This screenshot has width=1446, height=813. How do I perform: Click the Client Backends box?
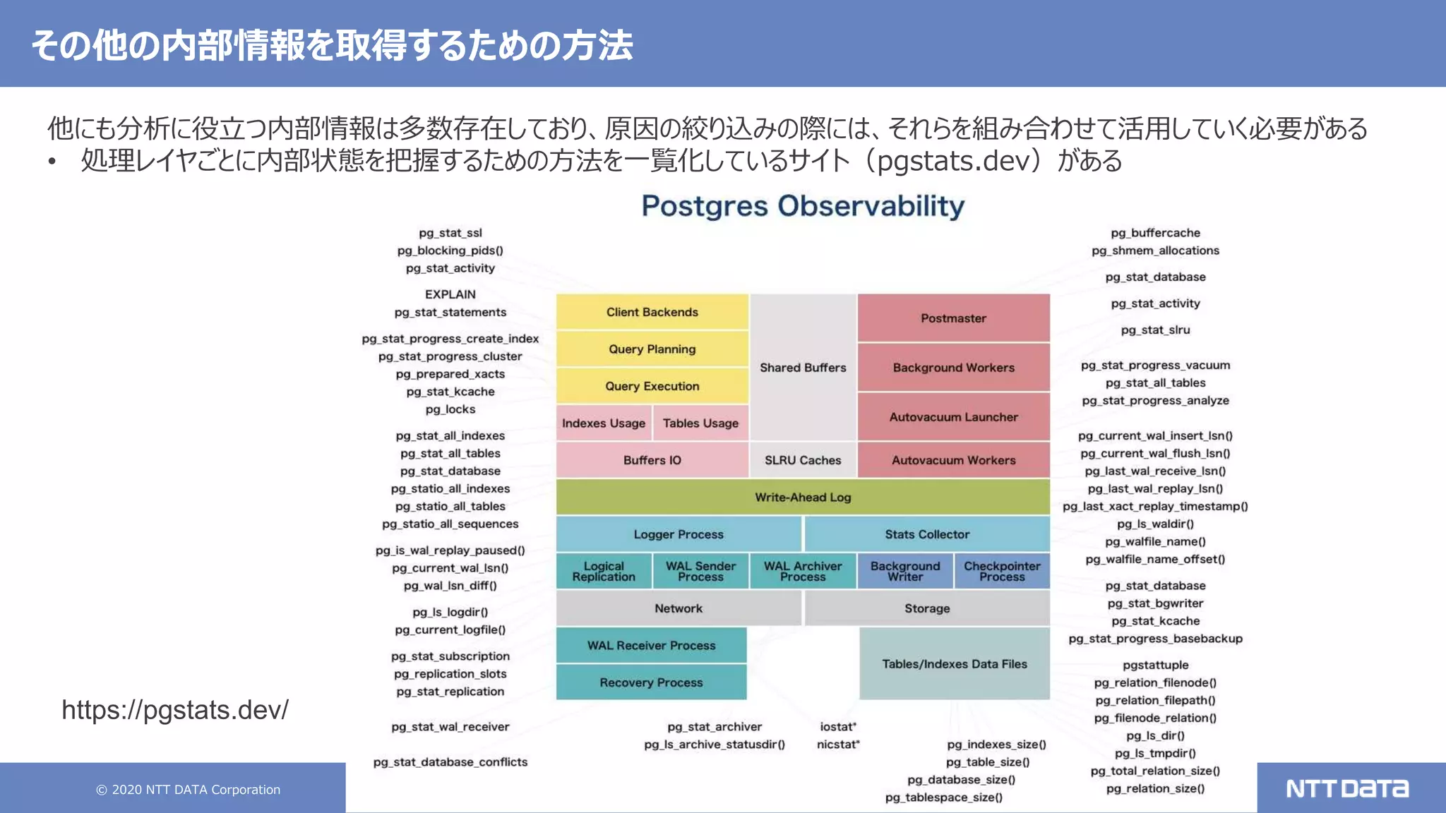(x=652, y=312)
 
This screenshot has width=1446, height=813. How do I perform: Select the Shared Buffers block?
(x=803, y=368)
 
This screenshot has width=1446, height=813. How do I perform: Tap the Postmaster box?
(x=953, y=318)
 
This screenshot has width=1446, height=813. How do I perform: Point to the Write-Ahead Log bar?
(x=803, y=497)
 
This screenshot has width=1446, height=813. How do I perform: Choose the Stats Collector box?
(x=927, y=534)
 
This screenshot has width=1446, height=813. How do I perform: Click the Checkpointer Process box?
(x=1002, y=571)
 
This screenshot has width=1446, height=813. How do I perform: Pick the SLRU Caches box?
(x=803, y=460)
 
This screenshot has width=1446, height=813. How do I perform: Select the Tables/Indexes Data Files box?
(x=954, y=663)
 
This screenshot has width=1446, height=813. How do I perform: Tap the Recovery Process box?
(x=651, y=682)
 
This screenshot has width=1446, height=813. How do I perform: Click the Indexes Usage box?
(x=604, y=423)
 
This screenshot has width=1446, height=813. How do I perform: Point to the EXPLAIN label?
(x=450, y=294)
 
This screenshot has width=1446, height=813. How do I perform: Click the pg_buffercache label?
(x=1155, y=233)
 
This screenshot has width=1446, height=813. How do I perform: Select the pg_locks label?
(x=450, y=409)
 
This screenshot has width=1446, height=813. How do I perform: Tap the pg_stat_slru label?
(x=1155, y=330)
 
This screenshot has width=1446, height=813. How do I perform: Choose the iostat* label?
(x=838, y=726)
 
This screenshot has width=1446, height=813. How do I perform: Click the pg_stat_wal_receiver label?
(x=450, y=726)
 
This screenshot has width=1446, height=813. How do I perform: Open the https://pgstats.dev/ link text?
(x=175, y=709)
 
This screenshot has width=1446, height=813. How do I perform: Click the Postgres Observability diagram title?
(x=803, y=206)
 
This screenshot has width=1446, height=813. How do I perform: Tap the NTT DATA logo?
(x=1347, y=788)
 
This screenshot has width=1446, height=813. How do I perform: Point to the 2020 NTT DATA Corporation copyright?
(x=189, y=790)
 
